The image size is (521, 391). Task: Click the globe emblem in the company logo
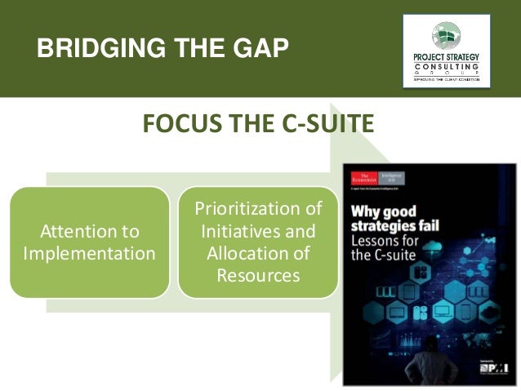click(446, 33)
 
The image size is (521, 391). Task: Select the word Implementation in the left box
click(91, 254)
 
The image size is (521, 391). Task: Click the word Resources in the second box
click(258, 276)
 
